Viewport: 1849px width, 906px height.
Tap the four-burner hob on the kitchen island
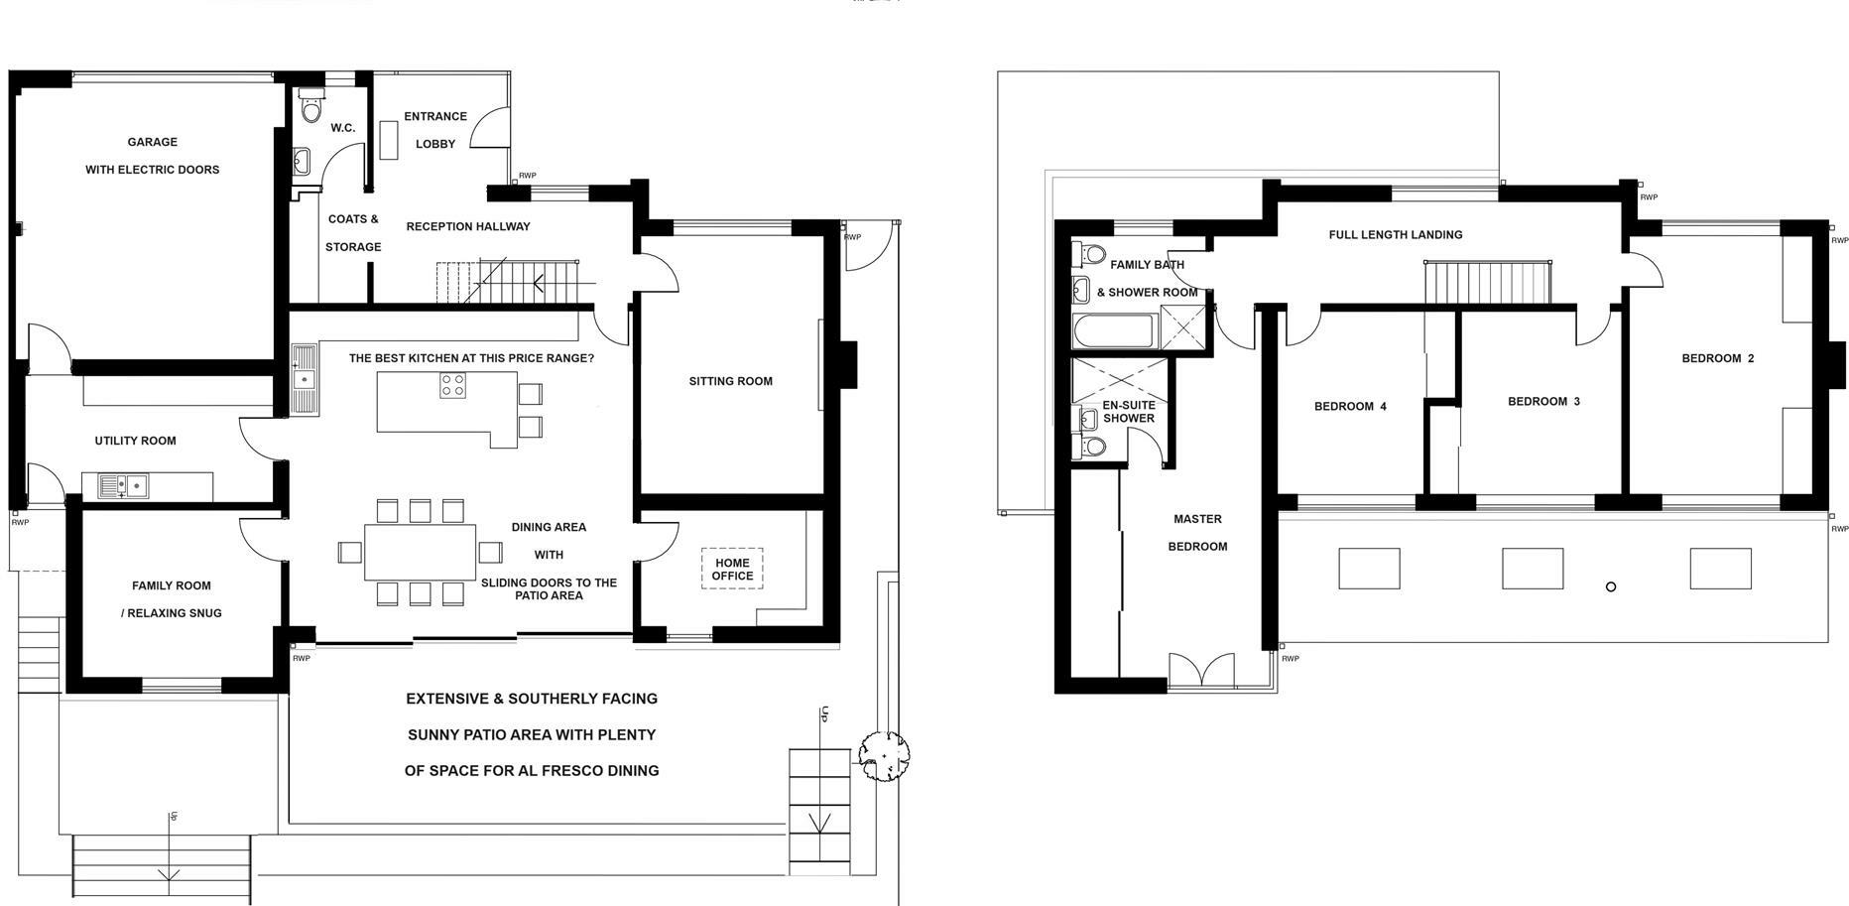point(453,385)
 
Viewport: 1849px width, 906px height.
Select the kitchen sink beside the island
point(304,379)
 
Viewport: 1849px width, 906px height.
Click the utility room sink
point(123,486)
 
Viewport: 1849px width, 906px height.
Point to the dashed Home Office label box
point(732,569)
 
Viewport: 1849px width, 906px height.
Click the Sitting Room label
point(731,381)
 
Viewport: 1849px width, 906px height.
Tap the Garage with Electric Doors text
point(152,156)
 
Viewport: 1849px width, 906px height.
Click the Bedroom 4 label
point(1350,406)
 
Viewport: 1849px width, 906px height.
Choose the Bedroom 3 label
point(1543,401)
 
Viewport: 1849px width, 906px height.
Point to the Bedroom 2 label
point(1718,358)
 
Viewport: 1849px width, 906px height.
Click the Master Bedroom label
point(1197,533)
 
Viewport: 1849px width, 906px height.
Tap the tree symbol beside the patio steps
point(883,756)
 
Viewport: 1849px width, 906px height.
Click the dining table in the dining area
point(421,552)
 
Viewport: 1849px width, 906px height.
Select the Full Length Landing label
point(1396,235)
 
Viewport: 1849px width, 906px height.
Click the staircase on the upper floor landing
point(1488,283)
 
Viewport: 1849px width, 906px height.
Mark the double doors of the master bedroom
point(1201,671)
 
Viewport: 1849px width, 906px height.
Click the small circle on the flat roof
point(1611,587)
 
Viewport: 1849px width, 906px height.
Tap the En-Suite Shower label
point(1129,412)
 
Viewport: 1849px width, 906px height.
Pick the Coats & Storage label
point(353,233)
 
